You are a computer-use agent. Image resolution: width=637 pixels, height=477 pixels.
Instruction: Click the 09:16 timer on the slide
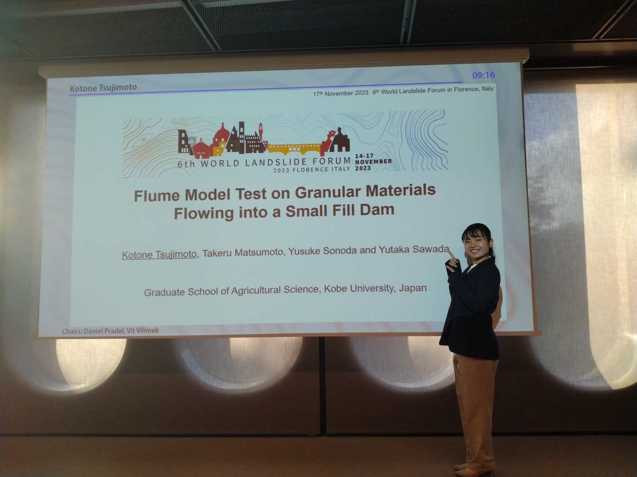(x=483, y=75)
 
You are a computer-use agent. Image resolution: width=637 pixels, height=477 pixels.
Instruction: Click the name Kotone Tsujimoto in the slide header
(x=103, y=88)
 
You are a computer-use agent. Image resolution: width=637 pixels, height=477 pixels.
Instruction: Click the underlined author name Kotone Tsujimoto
(x=159, y=254)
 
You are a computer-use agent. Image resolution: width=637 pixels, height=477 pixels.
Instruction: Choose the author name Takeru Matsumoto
(x=242, y=252)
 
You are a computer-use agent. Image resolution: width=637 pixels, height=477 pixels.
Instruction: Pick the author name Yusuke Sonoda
(x=322, y=251)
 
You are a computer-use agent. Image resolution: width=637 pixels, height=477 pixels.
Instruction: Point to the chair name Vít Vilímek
(x=143, y=330)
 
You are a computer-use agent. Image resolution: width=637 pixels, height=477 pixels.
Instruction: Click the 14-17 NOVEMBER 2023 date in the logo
(x=373, y=162)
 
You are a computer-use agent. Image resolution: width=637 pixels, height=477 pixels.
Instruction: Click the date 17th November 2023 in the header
(x=340, y=93)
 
